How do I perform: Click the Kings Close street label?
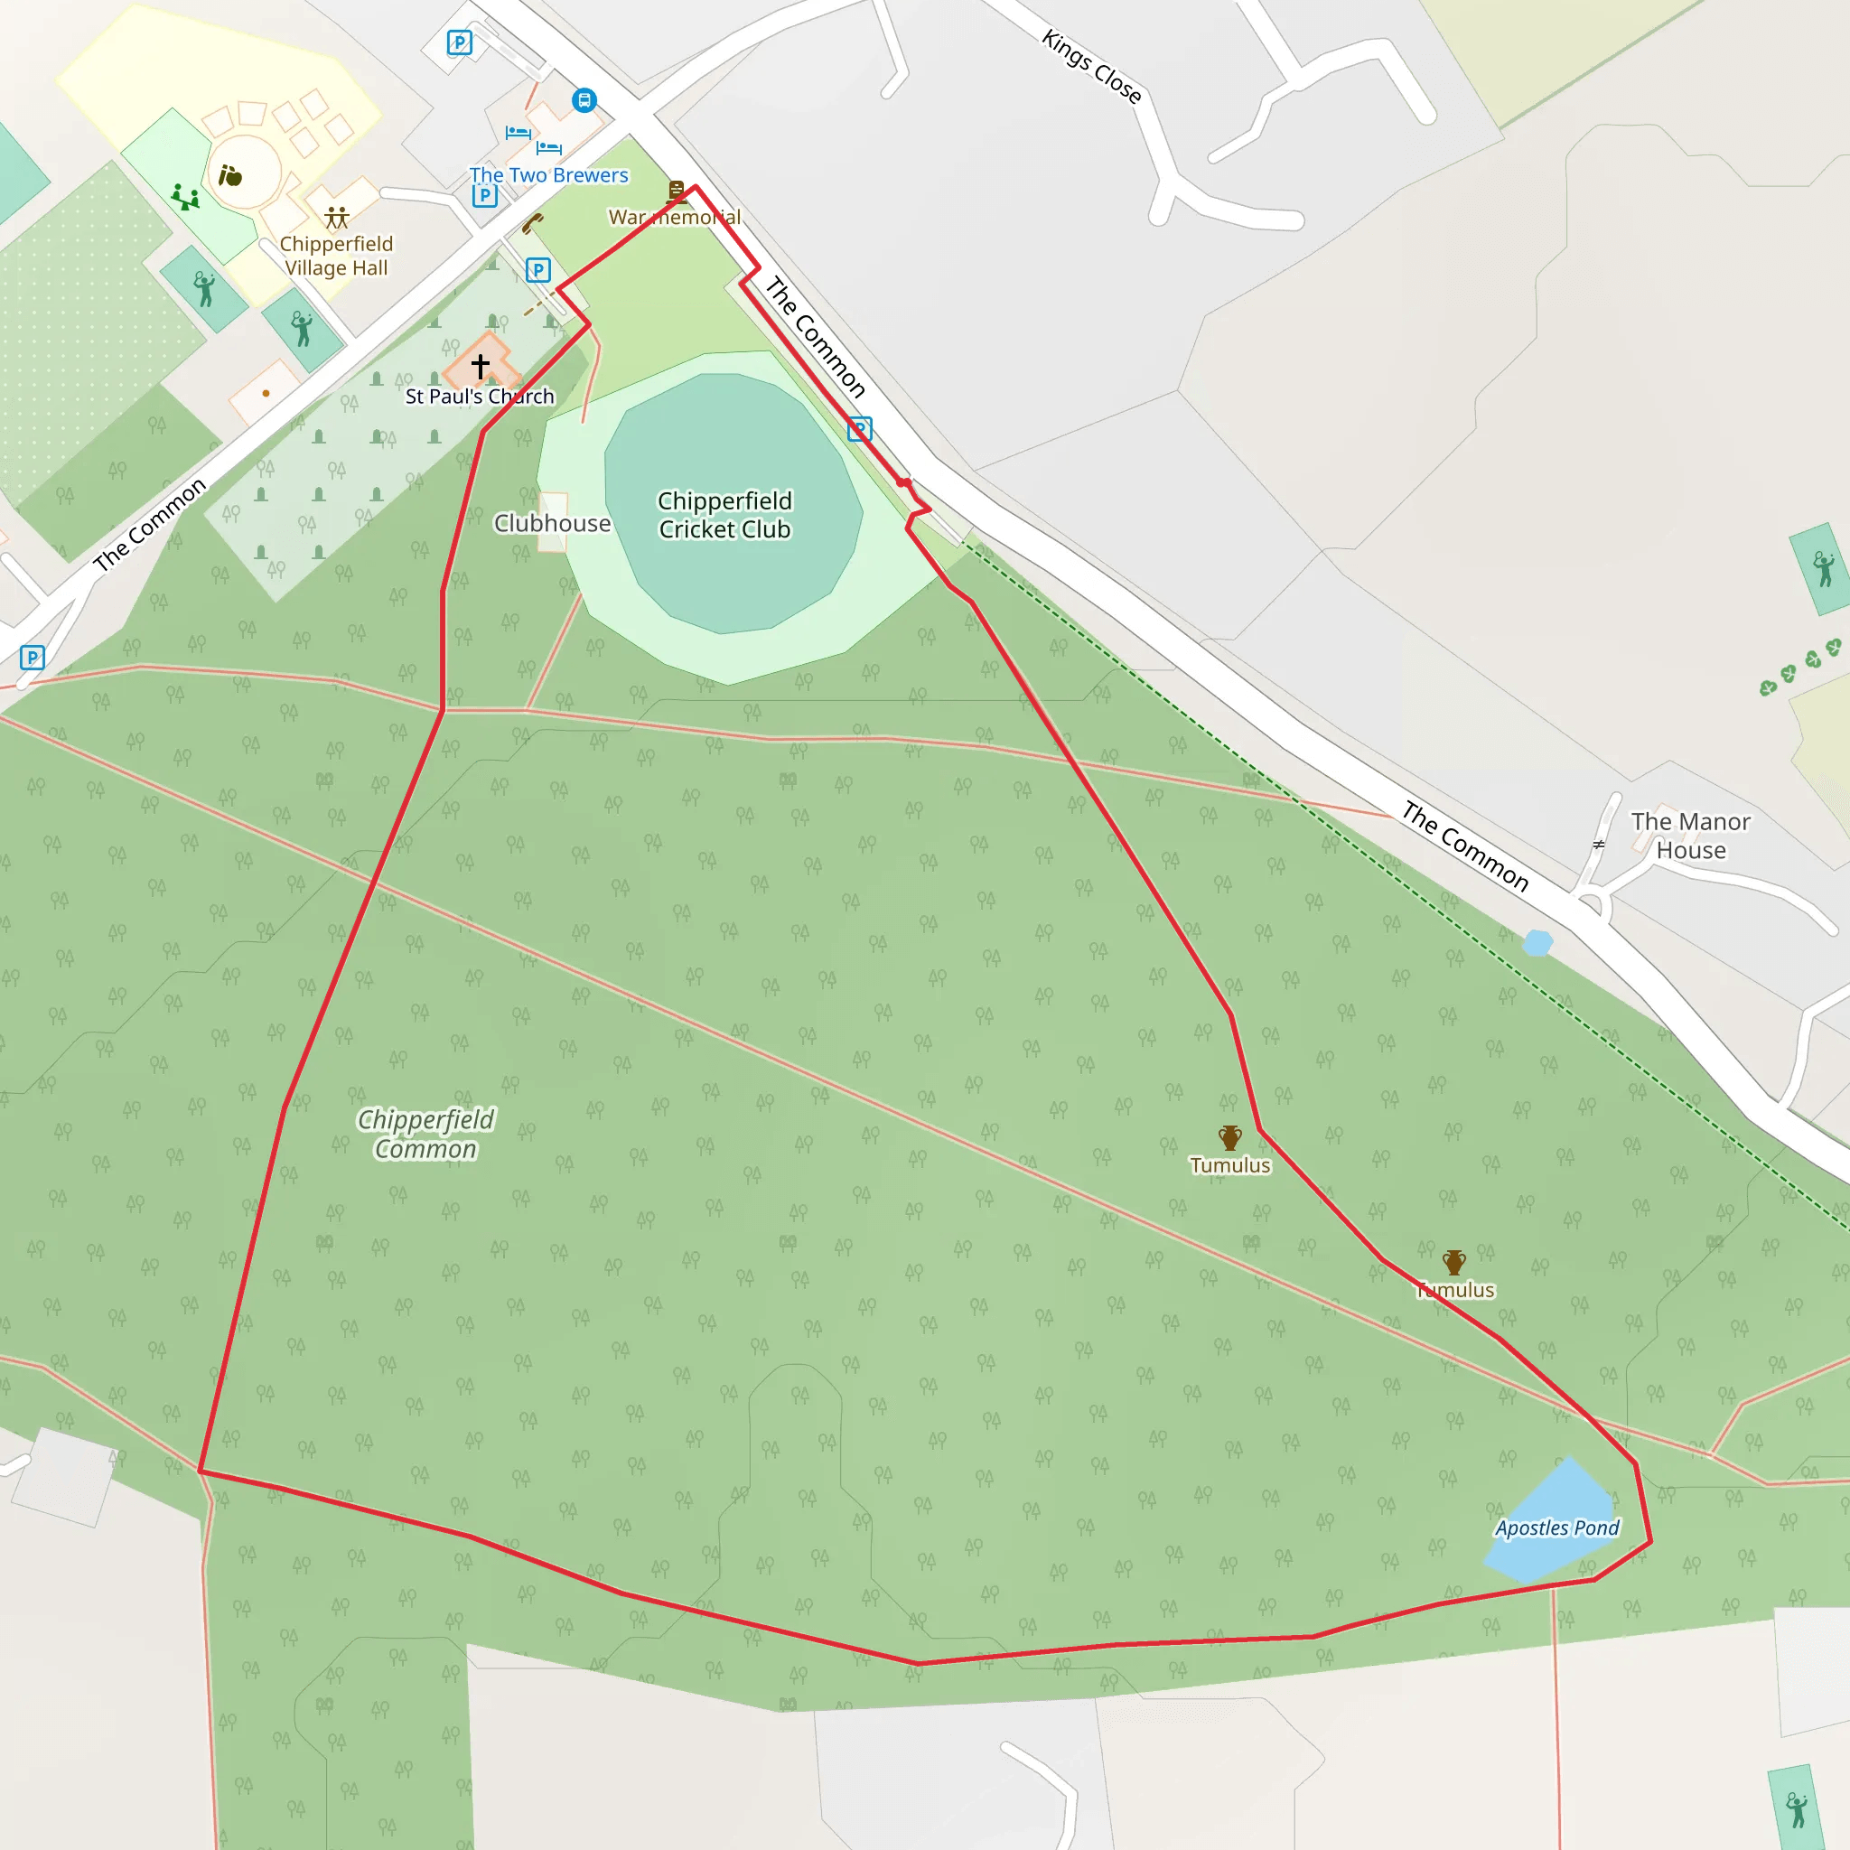click(1091, 67)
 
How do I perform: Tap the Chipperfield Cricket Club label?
click(724, 515)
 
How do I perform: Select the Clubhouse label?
click(553, 523)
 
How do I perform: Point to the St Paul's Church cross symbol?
click(481, 365)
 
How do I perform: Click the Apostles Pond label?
click(1557, 1528)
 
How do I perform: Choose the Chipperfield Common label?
click(426, 1134)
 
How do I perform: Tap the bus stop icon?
click(584, 99)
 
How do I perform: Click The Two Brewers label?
click(548, 175)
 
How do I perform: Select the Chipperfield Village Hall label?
click(336, 256)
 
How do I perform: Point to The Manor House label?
click(1691, 835)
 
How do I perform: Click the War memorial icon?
click(677, 192)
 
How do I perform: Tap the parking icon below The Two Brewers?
click(484, 196)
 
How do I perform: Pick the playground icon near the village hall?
click(185, 198)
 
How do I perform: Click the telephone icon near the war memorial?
click(532, 224)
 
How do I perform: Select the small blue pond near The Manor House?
click(1537, 943)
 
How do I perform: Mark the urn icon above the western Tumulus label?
click(1230, 1137)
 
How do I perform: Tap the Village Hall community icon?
click(336, 218)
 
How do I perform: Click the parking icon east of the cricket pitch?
click(860, 429)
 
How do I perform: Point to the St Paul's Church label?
click(480, 397)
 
